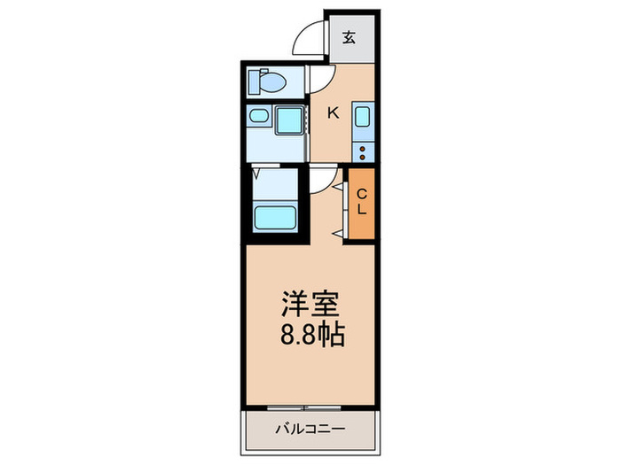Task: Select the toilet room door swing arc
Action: tap(321, 81)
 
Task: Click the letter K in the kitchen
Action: tap(334, 112)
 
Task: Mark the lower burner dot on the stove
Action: tap(362, 154)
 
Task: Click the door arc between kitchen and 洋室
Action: tap(322, 180)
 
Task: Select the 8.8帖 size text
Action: tap(310, 337)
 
